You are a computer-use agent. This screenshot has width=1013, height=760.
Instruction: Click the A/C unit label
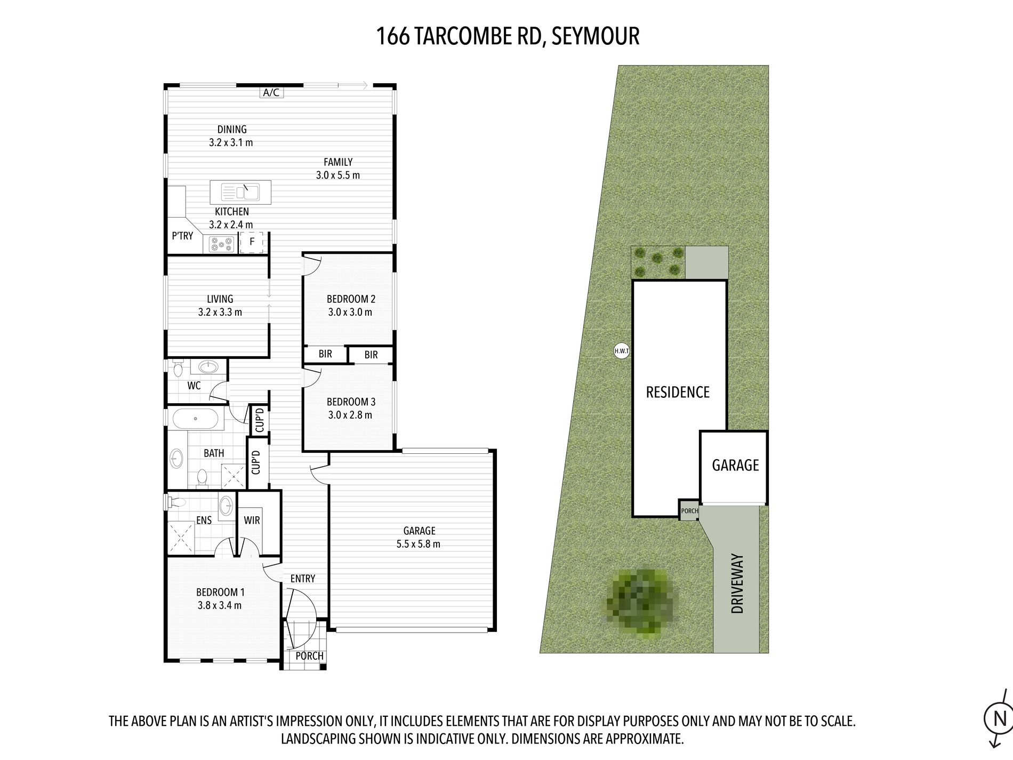click(x=271, y=92)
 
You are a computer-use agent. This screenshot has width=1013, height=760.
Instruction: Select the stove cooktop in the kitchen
click(x=222, y=244)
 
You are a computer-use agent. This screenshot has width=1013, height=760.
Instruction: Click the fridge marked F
click(x=252, y=242)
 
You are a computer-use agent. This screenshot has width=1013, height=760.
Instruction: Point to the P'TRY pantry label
click(x=182, y=236)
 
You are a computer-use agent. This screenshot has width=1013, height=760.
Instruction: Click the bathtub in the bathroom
click(x=195, y=419)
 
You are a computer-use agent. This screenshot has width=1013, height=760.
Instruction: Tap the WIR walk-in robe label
click(x=252, y=519)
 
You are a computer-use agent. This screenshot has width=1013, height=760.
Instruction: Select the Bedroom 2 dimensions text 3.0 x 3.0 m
click(x=350, y=312)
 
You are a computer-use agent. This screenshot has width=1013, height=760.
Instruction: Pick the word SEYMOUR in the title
click(x=596, y=36)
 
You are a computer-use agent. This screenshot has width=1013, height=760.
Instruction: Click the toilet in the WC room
click(x=178, y=367)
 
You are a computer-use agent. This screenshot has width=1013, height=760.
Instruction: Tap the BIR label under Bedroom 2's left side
click(x=325, y=354)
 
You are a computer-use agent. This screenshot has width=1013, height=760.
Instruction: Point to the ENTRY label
click(x=303, y=578)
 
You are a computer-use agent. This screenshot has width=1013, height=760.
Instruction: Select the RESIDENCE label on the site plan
click(x=678, y=392)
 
